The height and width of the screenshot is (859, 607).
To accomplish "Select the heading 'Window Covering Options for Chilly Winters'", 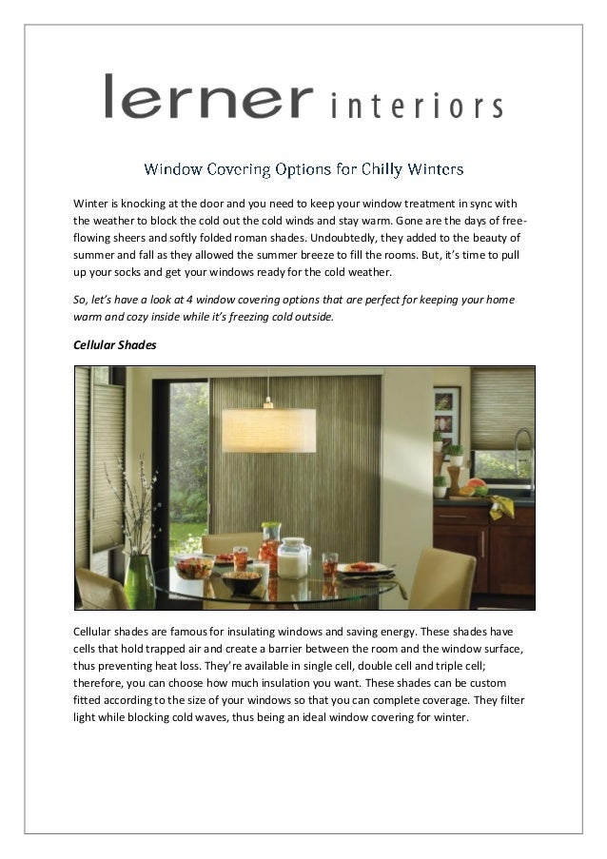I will (303, 170).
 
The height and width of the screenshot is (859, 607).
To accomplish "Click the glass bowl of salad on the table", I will (195, 567).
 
